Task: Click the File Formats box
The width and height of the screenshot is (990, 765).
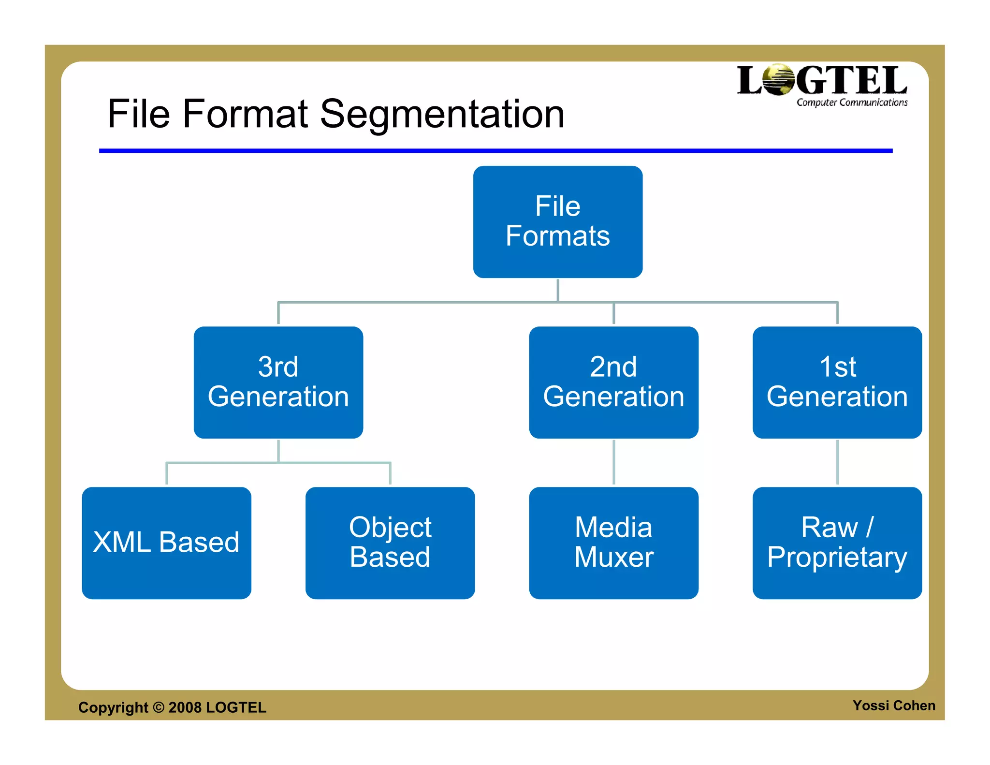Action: tap(557, 221)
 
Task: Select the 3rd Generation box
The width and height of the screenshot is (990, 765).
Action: tap(278, 382)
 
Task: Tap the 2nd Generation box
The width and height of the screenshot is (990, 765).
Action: tap(613, 382)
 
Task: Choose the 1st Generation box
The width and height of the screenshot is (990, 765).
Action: tap(837, 382)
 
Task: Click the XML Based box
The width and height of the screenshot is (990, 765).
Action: tap(166, 543)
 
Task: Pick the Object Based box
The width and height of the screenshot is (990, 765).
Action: tap(390, 543)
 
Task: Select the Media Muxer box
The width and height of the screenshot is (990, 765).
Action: tap(613, 543)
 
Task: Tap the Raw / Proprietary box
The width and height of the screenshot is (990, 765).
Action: tap(837, 543)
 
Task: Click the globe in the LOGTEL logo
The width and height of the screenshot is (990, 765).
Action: tap(778, 80)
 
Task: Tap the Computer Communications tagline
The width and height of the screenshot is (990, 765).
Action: tap(852, 103)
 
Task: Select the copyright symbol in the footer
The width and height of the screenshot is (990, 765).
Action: tap(159, 707)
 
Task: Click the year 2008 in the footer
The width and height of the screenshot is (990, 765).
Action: tap(185, 707)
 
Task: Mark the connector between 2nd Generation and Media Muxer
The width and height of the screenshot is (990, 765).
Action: tap(613, 462)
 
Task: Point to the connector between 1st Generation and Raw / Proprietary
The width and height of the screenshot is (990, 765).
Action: tap(837, 462)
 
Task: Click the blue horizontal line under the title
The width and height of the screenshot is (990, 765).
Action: tap(495, 151)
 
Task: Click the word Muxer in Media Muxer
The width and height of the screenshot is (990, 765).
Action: tap(613, 557)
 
